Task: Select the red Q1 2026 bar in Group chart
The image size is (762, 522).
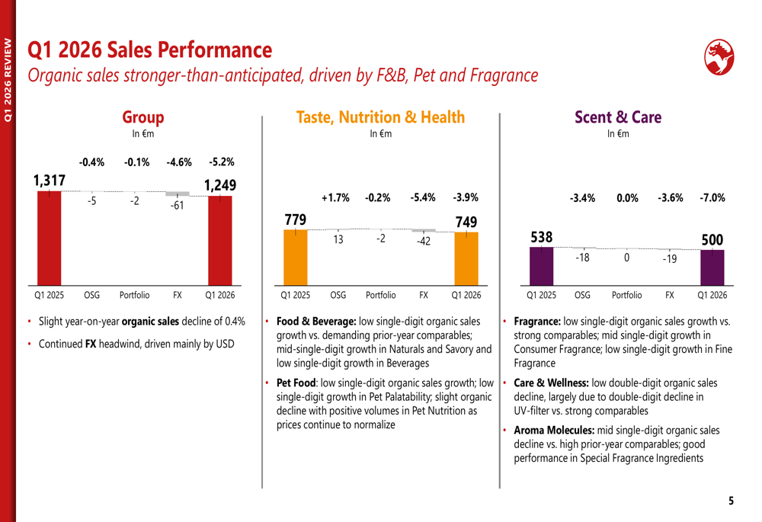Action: coord(220,240)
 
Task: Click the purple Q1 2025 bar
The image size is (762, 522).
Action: coord(541,265)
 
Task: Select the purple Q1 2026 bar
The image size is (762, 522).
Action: coord(712,266)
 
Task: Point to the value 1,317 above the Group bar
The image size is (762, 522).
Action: coord(49,181)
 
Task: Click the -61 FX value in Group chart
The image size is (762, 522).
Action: coord(177,206)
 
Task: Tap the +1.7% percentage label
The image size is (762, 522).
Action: coord(335,197)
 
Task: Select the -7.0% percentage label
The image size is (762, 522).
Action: coord(712,197)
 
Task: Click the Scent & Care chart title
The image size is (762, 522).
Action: coord(618,117)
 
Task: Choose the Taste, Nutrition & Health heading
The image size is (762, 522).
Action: coord(379,117)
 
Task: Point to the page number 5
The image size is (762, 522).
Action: coord(732,501)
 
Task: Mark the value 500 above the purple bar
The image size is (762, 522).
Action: coord(712,240)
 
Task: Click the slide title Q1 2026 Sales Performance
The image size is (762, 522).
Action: coord(149,50)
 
